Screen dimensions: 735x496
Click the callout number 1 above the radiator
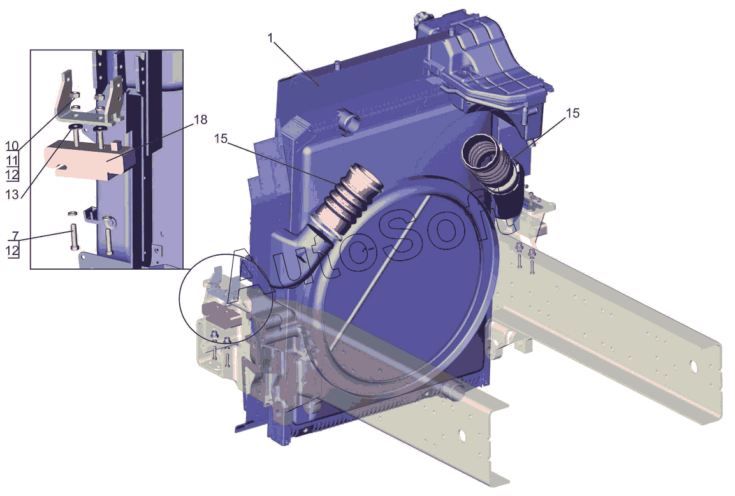270,38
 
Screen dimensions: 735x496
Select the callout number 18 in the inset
200,120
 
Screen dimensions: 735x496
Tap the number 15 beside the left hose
221,138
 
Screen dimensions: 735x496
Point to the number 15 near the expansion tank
573,113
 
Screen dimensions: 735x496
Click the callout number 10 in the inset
13,146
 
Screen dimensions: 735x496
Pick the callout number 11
13,160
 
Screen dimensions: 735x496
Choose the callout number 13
13,194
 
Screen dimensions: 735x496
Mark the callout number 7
15,236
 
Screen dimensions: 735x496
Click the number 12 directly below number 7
13,251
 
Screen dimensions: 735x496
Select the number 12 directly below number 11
13,175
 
